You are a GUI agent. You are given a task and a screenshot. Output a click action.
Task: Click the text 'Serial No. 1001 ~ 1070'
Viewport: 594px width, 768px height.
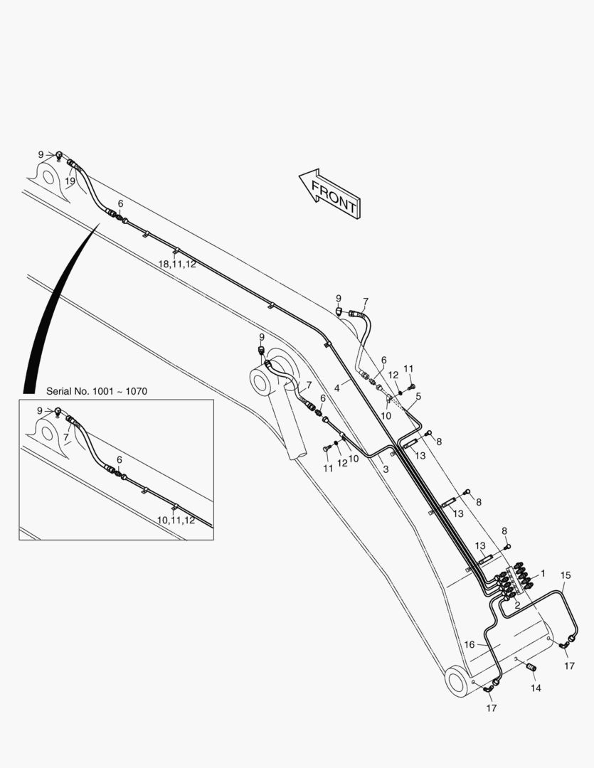click(97, 391)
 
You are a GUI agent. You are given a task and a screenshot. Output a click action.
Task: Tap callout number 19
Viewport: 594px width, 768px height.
click(70, 181)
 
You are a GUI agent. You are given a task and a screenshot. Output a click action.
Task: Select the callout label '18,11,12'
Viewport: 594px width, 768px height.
click(177, 264)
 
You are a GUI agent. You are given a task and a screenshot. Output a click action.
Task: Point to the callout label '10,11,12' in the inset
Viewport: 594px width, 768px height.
click(176, 521)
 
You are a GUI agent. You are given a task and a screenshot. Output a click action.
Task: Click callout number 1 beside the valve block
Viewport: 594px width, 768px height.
click(543, 573)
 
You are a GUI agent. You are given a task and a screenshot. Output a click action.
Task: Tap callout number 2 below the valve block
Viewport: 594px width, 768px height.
click(517, 605)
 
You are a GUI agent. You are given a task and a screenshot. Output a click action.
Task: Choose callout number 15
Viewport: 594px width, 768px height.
click(566, 575)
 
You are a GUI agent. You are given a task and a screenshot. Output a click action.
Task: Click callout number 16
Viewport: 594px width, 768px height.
click(470, 644)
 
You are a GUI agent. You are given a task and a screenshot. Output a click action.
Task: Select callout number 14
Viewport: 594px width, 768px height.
click(536, 688)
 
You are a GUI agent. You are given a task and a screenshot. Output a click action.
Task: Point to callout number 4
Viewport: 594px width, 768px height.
click(336, 388)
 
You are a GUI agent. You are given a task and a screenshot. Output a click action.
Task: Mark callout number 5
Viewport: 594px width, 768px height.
click(418, 396)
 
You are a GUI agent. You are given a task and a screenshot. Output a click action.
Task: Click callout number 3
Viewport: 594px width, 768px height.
click(386, 469)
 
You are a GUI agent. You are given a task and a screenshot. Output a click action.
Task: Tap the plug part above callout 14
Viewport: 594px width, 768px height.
click(531, 666)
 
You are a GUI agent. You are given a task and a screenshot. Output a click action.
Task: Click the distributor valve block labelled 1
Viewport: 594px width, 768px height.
click(514, 580)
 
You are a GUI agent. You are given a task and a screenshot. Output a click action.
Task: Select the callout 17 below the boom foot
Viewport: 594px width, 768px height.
click(492, 708)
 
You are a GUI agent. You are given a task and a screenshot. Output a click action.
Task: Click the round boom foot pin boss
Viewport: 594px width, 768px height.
click(456, 681)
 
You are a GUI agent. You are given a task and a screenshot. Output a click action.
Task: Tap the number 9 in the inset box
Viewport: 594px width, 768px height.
click(40, 411)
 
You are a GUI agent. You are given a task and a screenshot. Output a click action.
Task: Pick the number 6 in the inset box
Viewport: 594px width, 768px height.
click(119, 460)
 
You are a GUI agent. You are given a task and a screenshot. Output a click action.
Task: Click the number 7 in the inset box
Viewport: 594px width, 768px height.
click(65, 437)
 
